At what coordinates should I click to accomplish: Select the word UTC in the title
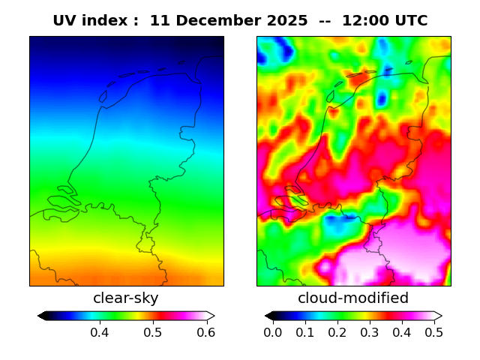tap(412, 21)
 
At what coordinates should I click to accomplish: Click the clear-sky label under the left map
tap(126, 298)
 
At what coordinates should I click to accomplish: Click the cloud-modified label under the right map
tap(353, 298)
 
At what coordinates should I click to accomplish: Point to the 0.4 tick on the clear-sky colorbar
tap(100, 332)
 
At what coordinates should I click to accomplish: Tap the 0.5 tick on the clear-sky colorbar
tap(153, 332)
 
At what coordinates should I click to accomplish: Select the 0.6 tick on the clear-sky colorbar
tap(206, 332)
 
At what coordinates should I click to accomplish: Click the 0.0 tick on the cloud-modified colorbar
tap(273, 332)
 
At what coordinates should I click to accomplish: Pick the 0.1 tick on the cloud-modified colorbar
tap(305, 332)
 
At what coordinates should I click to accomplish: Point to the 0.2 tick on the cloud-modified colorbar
tap(337, 332)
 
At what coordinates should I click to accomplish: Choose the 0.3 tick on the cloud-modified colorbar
tap(370, 332)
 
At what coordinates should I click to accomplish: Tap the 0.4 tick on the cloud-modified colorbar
tap(401, 332)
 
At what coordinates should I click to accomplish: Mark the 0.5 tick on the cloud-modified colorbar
tap(433, 332)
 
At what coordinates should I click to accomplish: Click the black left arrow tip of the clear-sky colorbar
tap(41, 316)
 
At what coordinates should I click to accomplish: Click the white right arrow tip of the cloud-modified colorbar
tap(439, 316)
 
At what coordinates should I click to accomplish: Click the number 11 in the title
tap(159, 21)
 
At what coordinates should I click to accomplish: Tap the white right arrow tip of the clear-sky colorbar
tap(211, 316)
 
